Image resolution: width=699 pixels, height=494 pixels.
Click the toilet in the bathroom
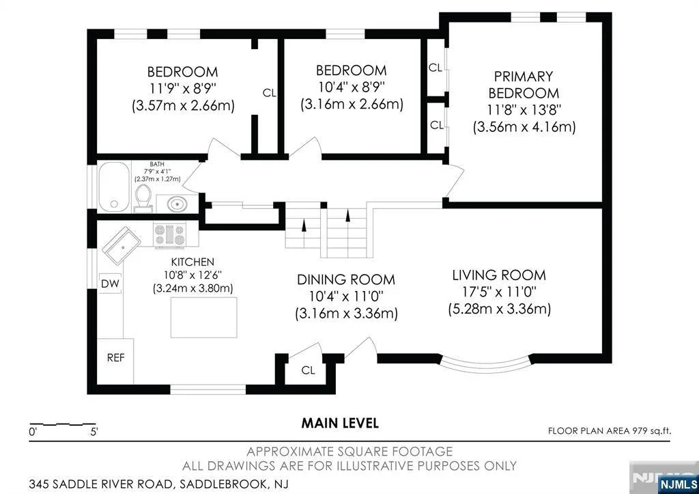143,199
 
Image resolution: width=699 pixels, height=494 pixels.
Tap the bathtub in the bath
114,187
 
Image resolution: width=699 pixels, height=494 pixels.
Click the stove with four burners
169,235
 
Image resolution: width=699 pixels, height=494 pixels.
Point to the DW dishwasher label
110,284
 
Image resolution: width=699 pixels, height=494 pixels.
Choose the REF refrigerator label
116,358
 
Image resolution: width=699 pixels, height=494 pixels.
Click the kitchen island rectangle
203,317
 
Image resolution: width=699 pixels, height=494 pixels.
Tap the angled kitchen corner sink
122,246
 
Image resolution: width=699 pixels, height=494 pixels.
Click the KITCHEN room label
192,262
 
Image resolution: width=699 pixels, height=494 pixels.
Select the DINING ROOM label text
346,280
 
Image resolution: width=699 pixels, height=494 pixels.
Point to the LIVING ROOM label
499,275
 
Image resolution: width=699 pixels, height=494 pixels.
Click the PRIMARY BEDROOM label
524,85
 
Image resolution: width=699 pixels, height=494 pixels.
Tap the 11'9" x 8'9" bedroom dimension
183,88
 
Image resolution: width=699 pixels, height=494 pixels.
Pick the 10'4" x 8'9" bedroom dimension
352,87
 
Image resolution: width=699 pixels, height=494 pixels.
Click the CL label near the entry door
308,370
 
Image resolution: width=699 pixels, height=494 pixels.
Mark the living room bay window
486,366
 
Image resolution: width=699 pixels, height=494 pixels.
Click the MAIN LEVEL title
340,423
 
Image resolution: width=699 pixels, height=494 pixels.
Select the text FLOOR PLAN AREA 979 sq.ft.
610,431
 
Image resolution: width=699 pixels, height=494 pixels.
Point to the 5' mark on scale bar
94,432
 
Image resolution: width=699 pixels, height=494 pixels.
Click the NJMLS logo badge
678,484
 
